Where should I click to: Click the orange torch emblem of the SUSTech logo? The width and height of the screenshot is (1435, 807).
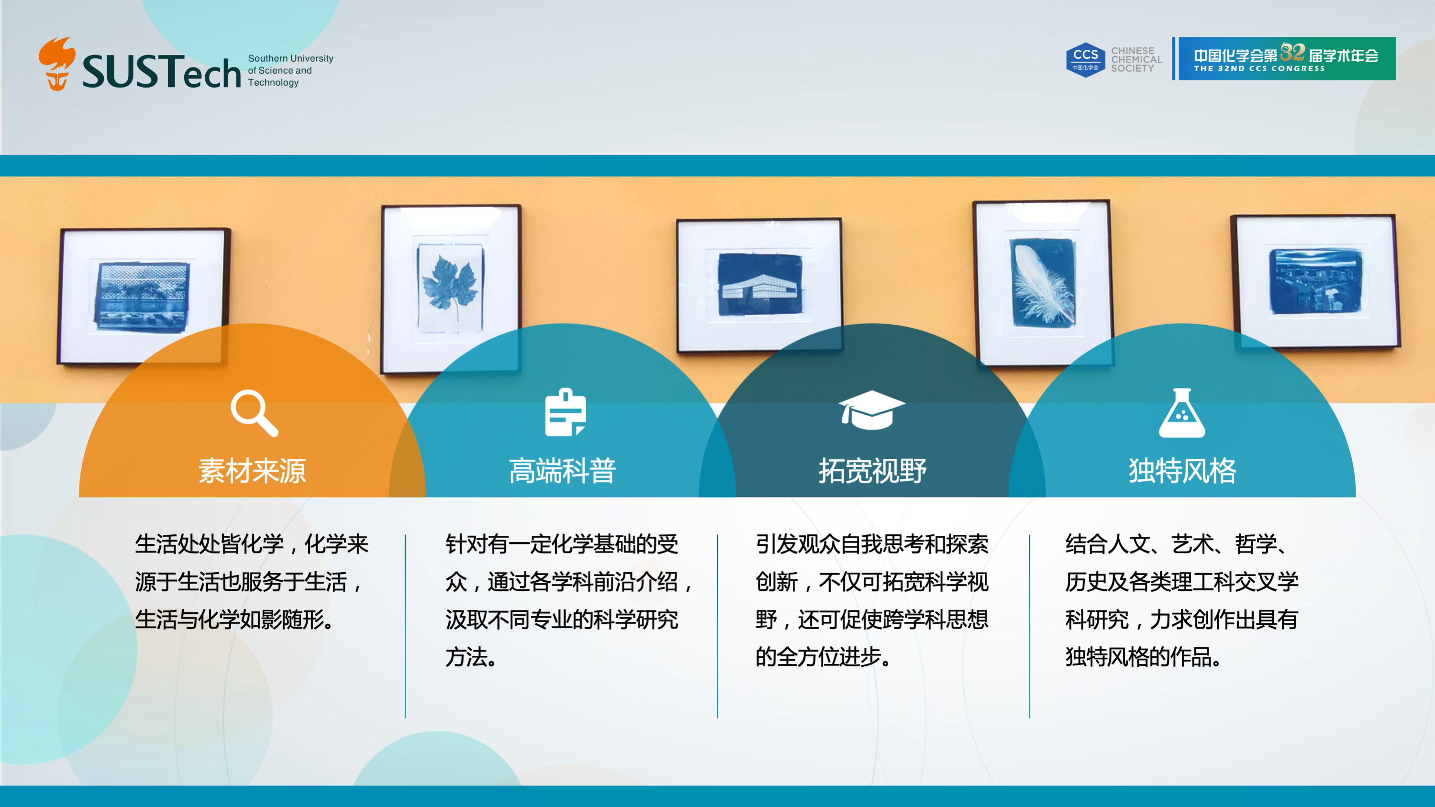point(57,63)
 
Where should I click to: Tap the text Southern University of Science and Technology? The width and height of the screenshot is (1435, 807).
point(290,70)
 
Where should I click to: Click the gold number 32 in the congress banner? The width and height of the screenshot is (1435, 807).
point(1292,52)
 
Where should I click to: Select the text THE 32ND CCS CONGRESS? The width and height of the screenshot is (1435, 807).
point(1259,68)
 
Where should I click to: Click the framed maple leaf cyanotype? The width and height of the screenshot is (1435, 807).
point(451,288)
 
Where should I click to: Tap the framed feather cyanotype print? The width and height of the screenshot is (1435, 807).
point(1043,283)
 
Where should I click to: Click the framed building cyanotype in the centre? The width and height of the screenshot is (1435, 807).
point(759,285)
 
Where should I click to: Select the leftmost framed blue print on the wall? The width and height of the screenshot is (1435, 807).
point(143,296)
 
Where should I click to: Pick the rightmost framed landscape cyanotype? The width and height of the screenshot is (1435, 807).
point(1316,281)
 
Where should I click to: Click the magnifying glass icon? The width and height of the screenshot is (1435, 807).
point(255,413)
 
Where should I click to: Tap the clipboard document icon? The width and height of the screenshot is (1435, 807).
point(566,412)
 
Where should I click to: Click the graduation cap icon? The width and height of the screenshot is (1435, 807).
point(871,410)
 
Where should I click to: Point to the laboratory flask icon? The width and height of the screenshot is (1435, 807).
point(1182,413)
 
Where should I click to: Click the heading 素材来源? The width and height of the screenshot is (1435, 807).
point(252,471)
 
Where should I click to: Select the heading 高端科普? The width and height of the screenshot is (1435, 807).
point(563,471)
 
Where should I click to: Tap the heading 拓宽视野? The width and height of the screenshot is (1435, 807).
point(872,471)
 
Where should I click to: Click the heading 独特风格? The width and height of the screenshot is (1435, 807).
point(1182,471)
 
